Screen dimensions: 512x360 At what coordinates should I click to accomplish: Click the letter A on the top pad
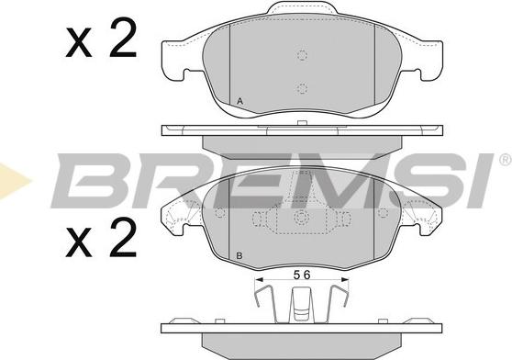(240, 102)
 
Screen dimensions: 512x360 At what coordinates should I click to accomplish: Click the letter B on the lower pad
(239, 256)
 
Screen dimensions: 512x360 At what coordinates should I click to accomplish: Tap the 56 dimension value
(302, 276)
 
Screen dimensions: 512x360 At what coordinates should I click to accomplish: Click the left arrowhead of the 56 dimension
(260, 279)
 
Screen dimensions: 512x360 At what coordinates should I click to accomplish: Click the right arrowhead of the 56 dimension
(345, 279)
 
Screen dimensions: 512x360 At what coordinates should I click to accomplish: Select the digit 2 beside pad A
(123, 39)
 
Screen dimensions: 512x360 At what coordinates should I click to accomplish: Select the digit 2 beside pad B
(123, 238)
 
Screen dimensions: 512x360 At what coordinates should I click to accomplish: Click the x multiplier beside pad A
(78, 43)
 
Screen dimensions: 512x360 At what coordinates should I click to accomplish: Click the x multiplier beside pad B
(78, 242)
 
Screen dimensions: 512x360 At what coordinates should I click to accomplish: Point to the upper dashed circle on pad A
(303, 55)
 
